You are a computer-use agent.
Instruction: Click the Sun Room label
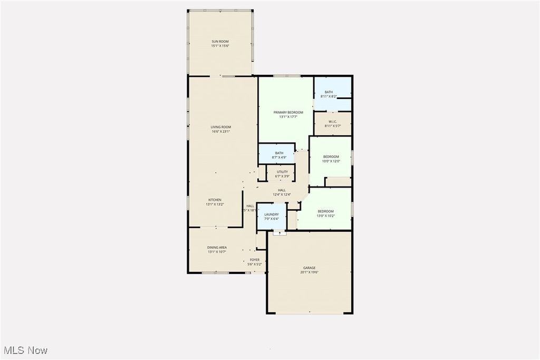point(220,41)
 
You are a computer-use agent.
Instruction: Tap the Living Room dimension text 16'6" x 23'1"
point(220,131)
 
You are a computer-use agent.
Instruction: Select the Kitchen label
point(215,200)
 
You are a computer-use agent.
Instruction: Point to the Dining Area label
point(217,247)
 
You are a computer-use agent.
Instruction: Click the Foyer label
point(255,260)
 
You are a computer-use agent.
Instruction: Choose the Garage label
point(309,268)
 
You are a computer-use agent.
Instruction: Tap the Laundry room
point(272,216)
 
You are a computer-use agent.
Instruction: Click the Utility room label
point(282,172)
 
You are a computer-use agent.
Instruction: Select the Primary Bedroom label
point(288,112)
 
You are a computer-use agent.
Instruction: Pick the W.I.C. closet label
point(333,122)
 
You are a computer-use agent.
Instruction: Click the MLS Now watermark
point(25,350)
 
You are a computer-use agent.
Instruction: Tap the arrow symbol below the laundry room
point(280,232)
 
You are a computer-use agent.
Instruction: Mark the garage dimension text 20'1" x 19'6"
point(309,273)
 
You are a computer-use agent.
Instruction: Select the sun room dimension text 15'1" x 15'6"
point(220,46)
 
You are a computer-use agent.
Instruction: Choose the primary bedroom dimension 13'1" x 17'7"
point(288,117)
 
